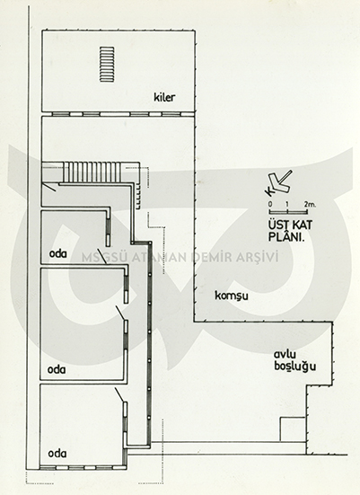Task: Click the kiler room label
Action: pyautogui.click(x=164, y=97)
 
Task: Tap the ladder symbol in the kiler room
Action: pyautogui.click(x=107, y=65)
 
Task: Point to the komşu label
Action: pyautogui.click(x=232, y=296)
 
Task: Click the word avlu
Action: pyautogui.click(x=285, y=355)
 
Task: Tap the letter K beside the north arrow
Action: pyautogui.click(x=268, y=190)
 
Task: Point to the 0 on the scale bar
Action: pyautogui.click(x=270, y=204)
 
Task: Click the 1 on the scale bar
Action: pyautogui.click(x=287, y=204)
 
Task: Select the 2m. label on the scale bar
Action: pyautogui.click(x=310, y=204)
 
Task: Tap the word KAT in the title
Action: pyautogui.click(x=301, y=225)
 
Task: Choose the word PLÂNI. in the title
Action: pyautogui.click(x=285, y=237)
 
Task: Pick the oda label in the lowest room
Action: pyautogui.click(x=57, y=454)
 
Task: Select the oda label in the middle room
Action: pyautogui.click(x=57, y=369)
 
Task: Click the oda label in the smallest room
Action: pyautogui.click(x=58, y=253)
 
